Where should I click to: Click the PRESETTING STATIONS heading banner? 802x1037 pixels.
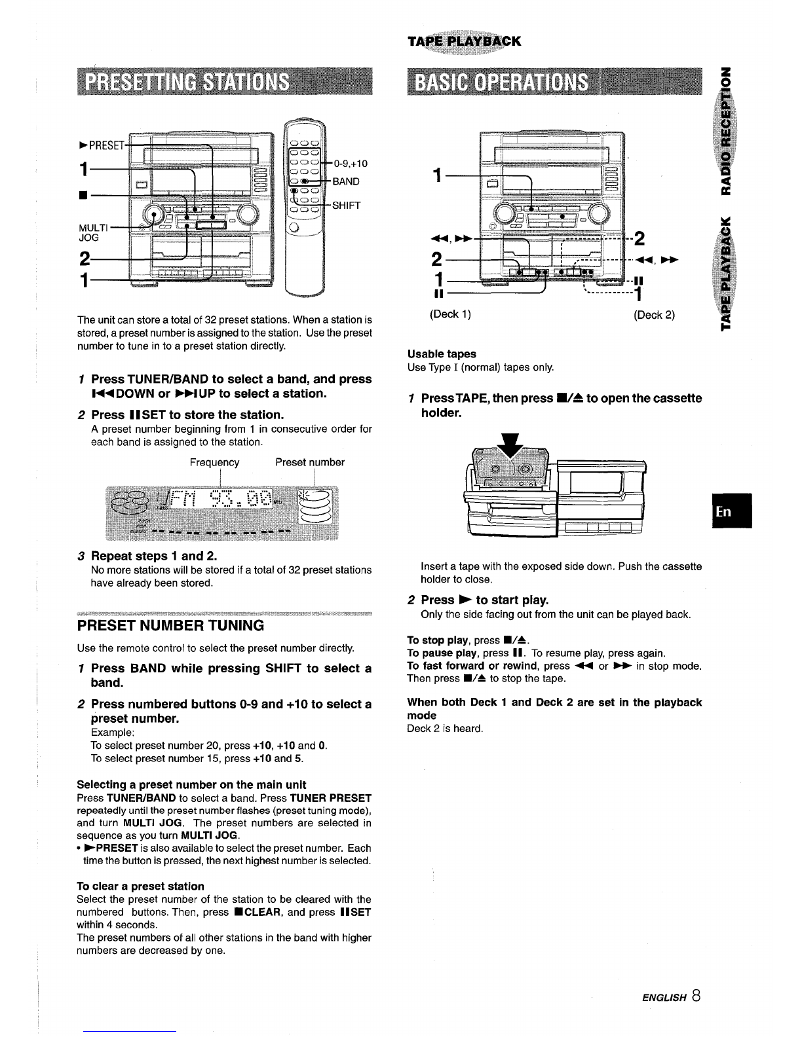(225, 82)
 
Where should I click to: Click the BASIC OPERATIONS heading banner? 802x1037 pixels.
(554, 82)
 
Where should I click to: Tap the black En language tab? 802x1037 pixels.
(732, 511)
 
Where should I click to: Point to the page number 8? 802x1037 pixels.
(696, 996)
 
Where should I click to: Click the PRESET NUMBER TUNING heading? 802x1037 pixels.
(170, 626)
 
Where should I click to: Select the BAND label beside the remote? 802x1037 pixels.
(346, 181)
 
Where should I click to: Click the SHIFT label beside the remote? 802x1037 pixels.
(347, 206)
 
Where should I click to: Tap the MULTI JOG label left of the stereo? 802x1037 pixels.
(94, 232)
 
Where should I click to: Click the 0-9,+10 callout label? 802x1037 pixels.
(351, 164)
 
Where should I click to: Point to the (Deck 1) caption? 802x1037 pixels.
(450, 314)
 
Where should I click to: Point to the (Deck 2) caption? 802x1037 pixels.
(654, 315)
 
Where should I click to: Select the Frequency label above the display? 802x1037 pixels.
(214, 462)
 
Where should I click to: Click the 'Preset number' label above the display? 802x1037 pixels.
(310, 462)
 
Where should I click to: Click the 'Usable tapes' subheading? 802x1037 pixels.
(442, 354)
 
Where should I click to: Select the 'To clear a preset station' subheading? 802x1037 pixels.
(140, 886)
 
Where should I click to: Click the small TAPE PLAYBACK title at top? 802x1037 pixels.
(465, 41)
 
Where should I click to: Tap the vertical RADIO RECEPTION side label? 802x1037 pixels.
(726, 131)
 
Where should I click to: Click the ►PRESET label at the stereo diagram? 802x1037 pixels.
(102, 145)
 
